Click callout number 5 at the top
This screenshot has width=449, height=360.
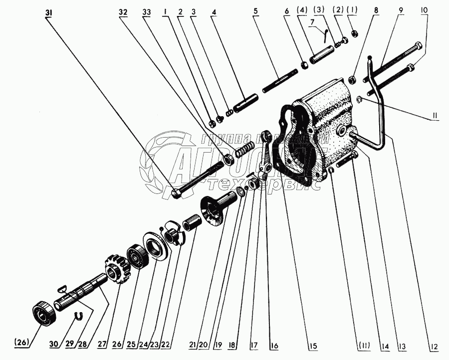click(256, 11)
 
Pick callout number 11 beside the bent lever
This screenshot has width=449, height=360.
click(435, 116)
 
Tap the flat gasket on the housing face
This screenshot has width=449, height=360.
click(299, 145)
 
